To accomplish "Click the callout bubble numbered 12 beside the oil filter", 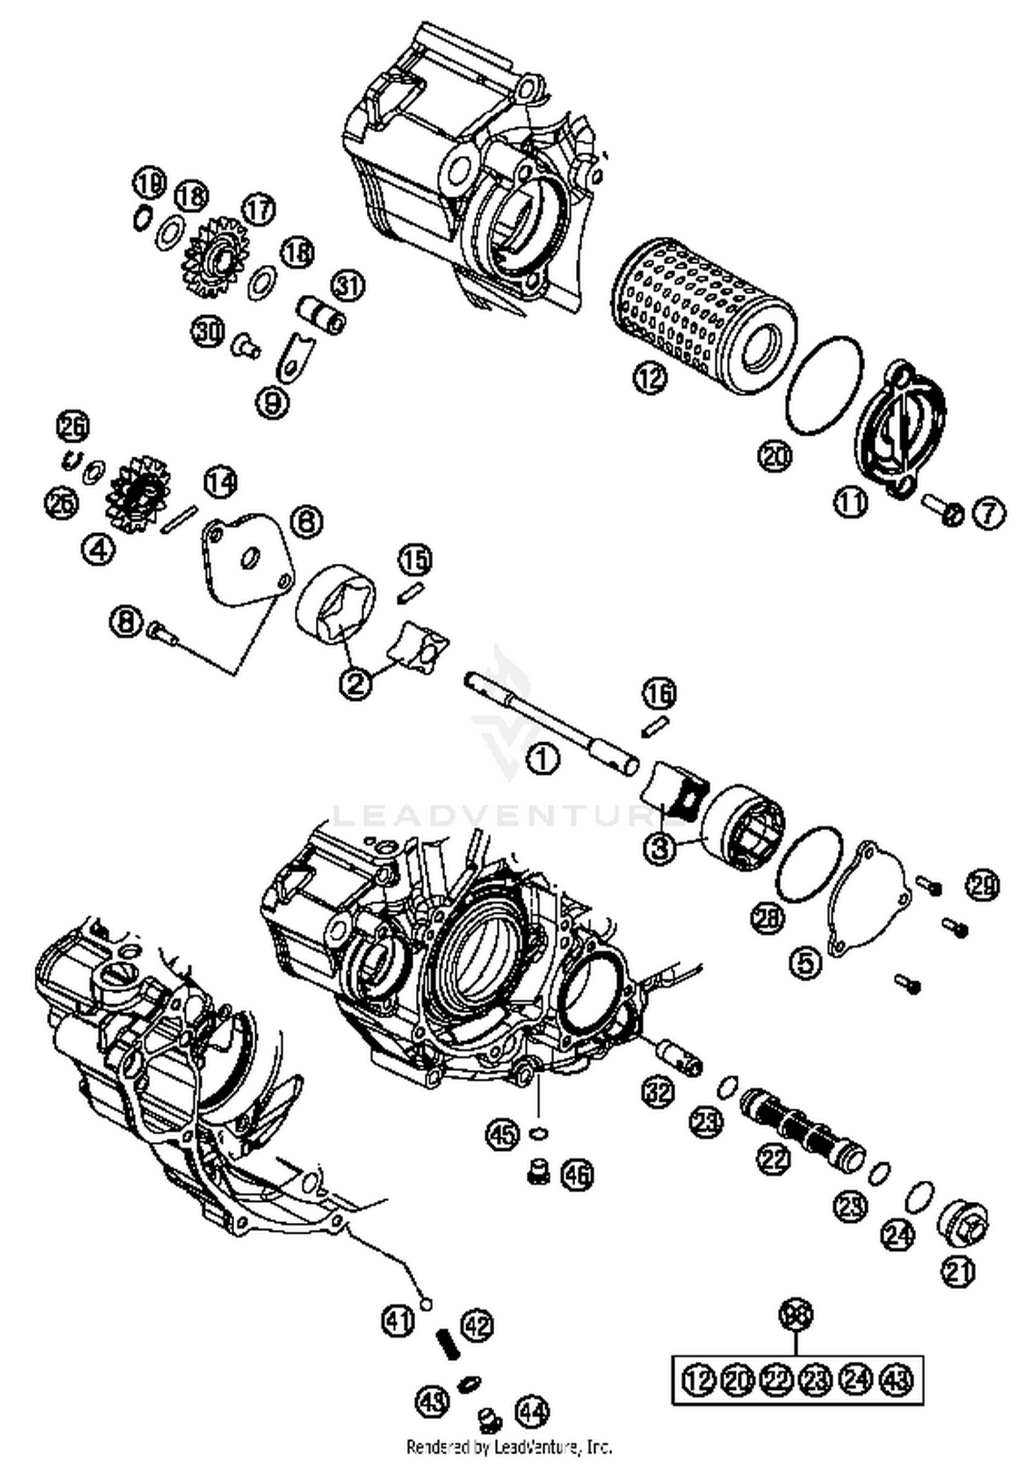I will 650,377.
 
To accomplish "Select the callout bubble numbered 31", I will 348,286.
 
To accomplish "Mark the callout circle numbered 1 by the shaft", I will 543,758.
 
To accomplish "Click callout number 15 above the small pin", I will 415,560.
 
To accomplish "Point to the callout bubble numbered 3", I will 660,848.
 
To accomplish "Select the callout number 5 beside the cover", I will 805,963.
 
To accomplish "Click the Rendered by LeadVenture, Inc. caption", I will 509,1446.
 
